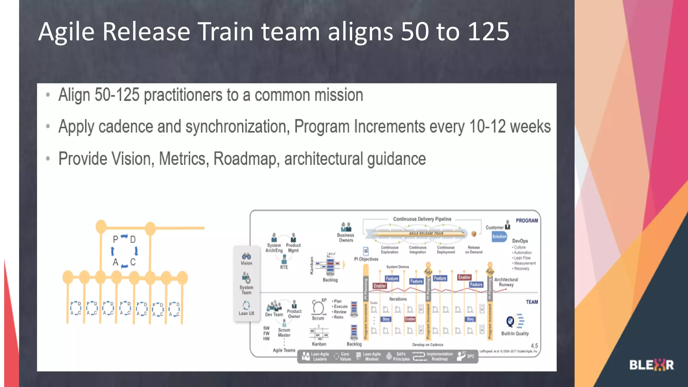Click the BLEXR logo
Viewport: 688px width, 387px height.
coord(651,365)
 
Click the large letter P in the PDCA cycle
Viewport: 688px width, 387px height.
coord(116,240)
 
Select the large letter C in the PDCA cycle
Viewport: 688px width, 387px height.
coord(133,262)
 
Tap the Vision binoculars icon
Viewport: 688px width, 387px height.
coord(246,256)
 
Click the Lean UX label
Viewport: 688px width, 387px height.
coord(246,313)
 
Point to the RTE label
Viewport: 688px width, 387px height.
coord(284,267)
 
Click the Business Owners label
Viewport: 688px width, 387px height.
coord(346,238)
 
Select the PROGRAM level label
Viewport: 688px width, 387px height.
coord(526,221)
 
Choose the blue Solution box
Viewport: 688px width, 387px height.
coord(499,236)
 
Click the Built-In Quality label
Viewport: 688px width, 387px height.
coord(515,334)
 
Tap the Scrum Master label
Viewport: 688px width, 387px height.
coord(284,333)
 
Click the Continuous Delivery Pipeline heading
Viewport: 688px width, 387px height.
coord(422,219)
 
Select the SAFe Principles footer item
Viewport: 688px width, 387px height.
coord(401,356)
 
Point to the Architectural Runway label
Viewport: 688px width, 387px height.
coord(506,282)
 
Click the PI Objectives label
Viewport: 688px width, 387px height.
coord(366,259)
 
